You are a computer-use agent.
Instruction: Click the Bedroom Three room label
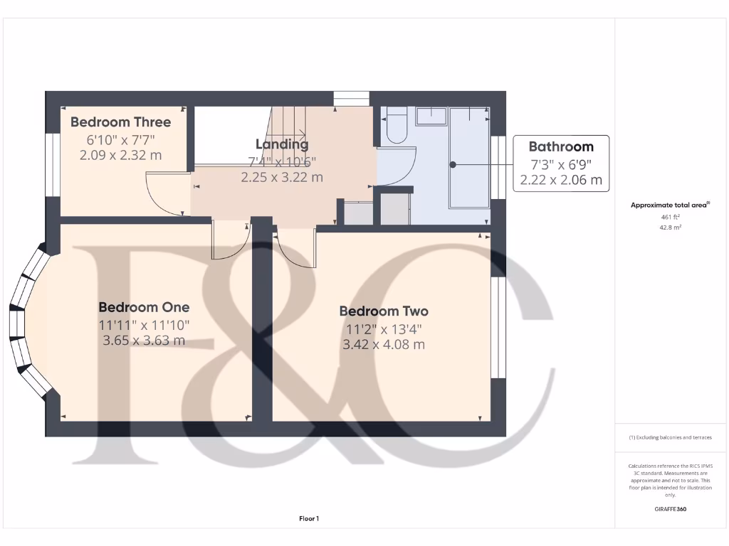pyautogui.click(x=120, y=122)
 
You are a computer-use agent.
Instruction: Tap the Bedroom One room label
pyautogui.click(x=144, y=307)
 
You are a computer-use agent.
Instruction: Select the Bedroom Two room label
pyautogui.click(x=384, y=311)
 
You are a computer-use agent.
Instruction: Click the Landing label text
pyautogui.click(x=282, y=144)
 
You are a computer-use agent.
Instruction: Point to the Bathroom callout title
pyautogui.click(x=560, y=147)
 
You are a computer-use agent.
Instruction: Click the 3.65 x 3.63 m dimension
pyautogui.click(x=144, y=341)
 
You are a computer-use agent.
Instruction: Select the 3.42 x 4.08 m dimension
pyautogui.click(x=384, y=345)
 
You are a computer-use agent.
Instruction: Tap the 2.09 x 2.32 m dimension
pyautogui.click(x=120, y=155)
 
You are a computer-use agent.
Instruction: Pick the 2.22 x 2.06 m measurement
pyautogui.click(x=560, y=181)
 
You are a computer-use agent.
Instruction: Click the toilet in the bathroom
pyautogui.click(x=396, y=125)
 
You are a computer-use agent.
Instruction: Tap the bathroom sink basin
pyautogui.click(x=431, y=116)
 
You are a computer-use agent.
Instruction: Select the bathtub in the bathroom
pyautogui.click(x=469, y=158)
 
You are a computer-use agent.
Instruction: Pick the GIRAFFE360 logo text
pyautogui.click(x=670, y=509)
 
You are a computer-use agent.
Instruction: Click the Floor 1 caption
pyautogui.click(x=308, y=519)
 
